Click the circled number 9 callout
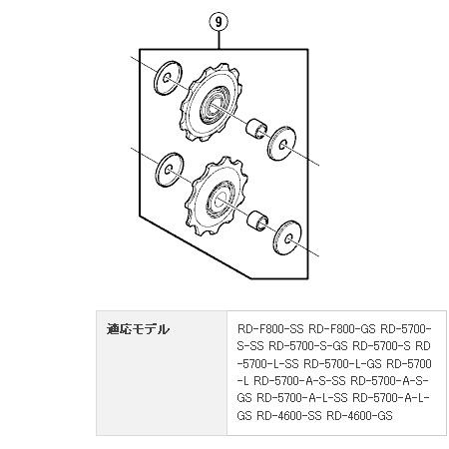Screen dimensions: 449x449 [219, 22]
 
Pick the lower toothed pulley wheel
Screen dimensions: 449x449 [217, 199]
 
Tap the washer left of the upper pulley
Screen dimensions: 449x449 [169, 78]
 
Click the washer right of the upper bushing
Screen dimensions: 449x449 [282, 143]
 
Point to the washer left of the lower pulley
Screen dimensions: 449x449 [170, 170]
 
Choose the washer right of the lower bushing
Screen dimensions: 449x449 [287, 237]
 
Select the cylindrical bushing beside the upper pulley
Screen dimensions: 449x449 [256, 128]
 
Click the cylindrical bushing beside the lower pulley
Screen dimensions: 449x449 [257, 220]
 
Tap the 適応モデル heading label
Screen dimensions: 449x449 [138, 329]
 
